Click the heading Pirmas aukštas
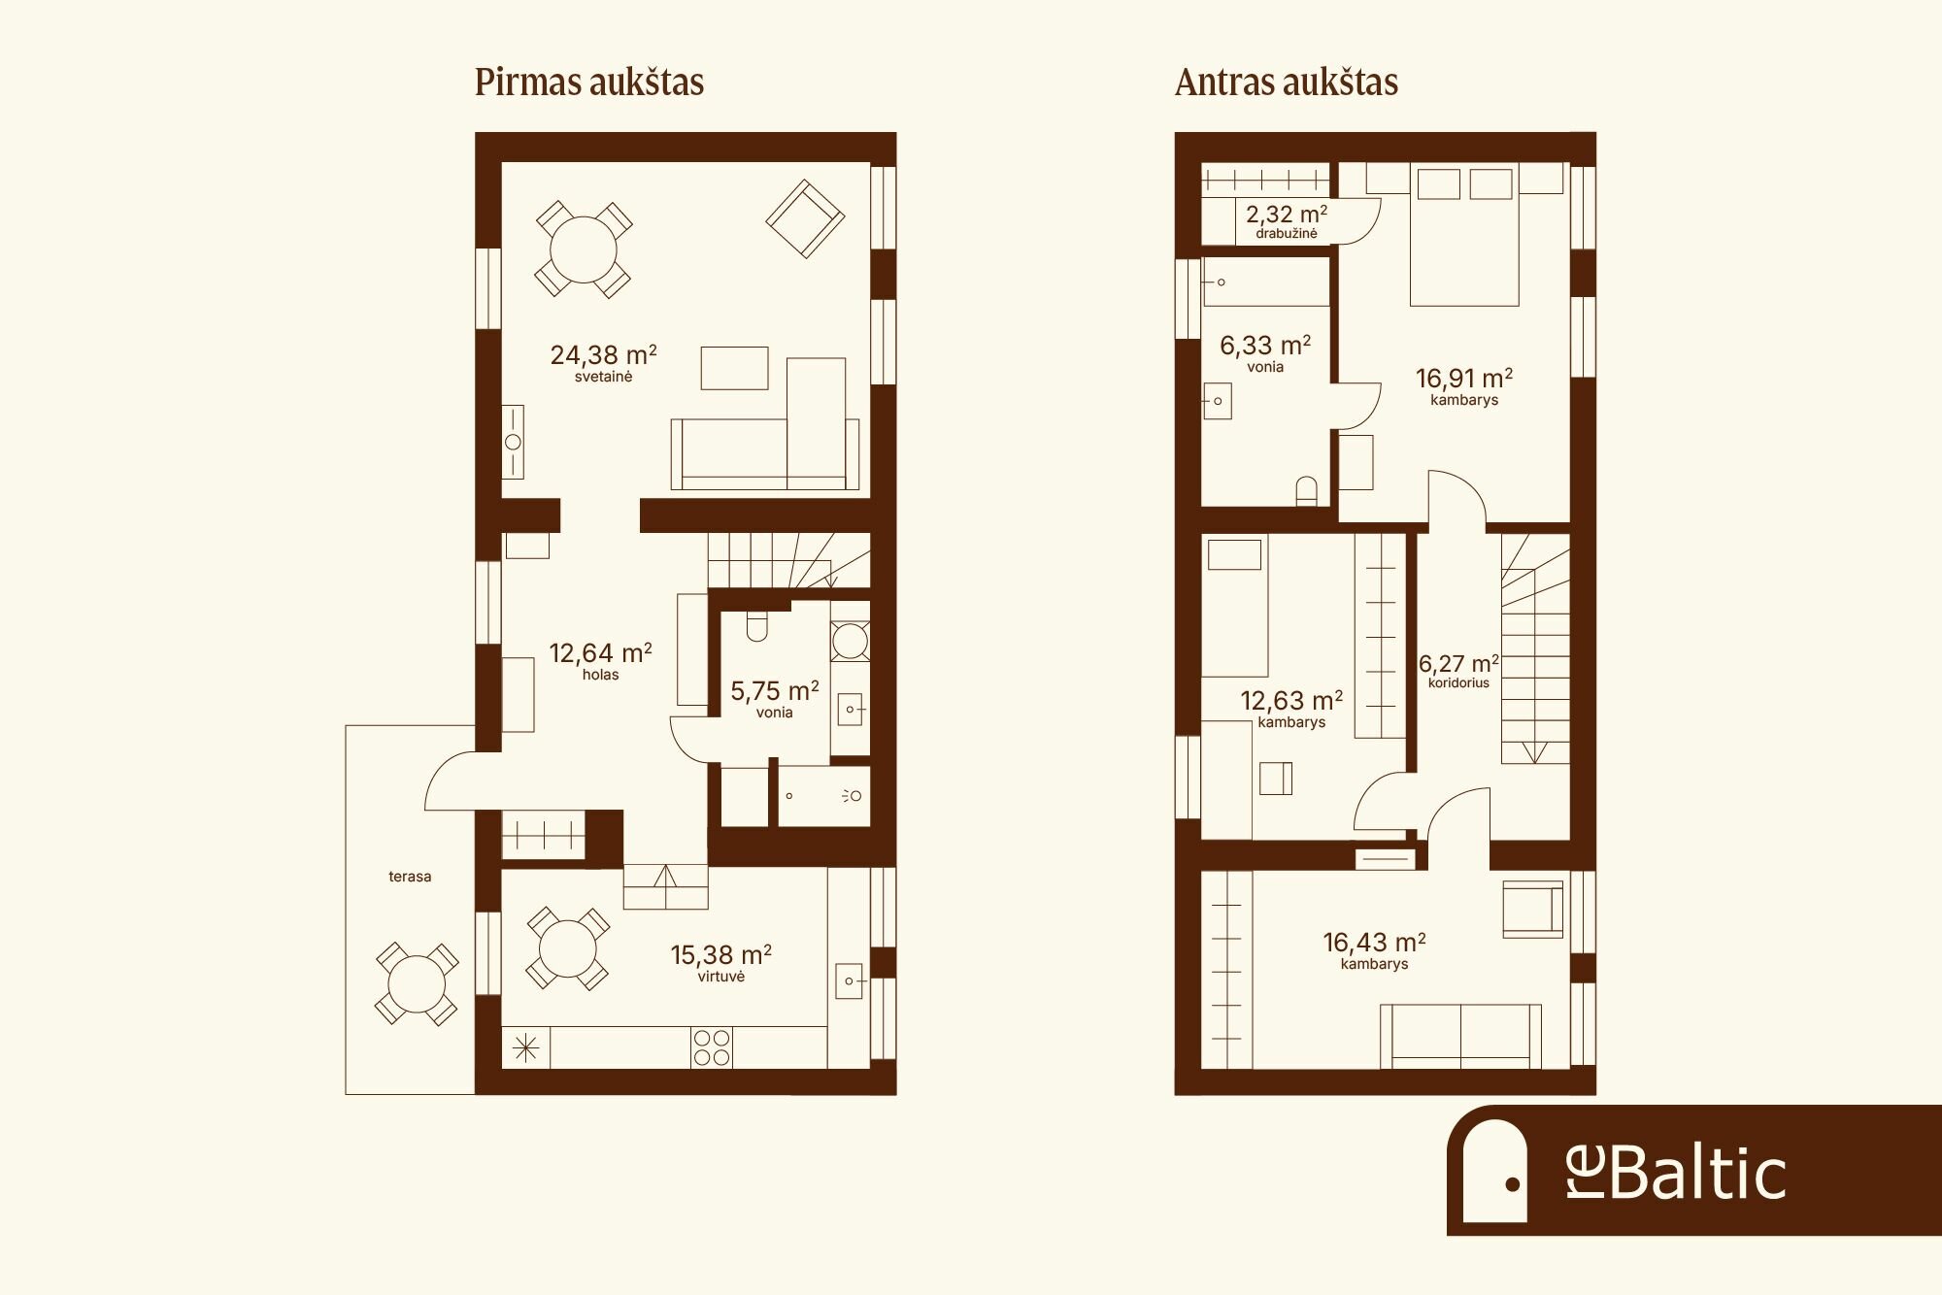(x=589, y=83)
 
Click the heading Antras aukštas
(x=1287, y=83)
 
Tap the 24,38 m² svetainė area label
(x=603, y=363)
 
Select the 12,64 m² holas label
(x=600, y=661)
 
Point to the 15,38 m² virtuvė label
(x=720, y=963)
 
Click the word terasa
(x=410, y=877)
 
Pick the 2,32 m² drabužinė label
(x=1287, y=221)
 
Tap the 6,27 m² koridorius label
(x=1458, y=671)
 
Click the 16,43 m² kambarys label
(x=1374, y=950)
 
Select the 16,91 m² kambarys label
(x=1463, y=385)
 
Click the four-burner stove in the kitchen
(x=712, y=1048)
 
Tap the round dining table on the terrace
(x=417, y=984)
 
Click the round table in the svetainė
(x=584, y=249)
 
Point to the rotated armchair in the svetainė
(x=805, y=218)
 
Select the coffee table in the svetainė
(x=734, y=368)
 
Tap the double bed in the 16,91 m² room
(x=1464, y=235)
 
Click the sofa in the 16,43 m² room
(x=1460, y=1037)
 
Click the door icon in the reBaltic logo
(x=1495, y=1171)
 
